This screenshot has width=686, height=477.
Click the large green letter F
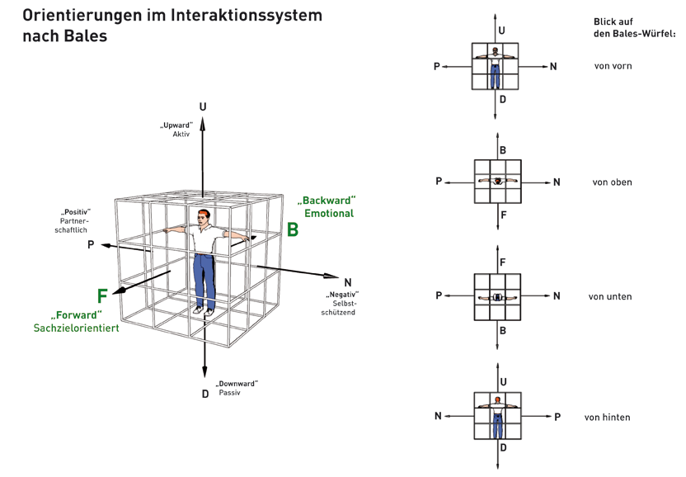pyautogui.click(x=102, y=296)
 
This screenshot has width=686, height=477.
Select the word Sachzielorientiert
pyautogui.click(x=77, y=328)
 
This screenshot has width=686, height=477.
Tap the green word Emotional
pyautogui.click(x=329, y=213)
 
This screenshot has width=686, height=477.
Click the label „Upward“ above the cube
pyautogui.click(x=176, y=125)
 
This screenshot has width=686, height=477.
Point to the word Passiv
pyautogui.click(x=229, y=394)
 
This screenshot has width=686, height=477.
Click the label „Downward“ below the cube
pyautogui.click(x=237, y=384)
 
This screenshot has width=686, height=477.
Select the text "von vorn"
pyautogui.click(x=613, y=65)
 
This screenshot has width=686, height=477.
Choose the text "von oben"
pyautogui.click(x=612, y=182)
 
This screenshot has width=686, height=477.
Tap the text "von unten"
pyautogui.click(x=610, y=296)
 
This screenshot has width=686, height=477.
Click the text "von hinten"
pyautogui.click(x=607, y=418)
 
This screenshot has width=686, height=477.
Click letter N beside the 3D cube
pyautogui.click(x=348, y=281)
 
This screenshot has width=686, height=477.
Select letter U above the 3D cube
pyautogui.click(x=203, y=106)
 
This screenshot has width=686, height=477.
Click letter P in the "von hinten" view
pyautogui.click(x=557, y=417)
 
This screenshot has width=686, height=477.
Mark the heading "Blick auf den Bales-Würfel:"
pyautogui.click(x=634, y=27)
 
